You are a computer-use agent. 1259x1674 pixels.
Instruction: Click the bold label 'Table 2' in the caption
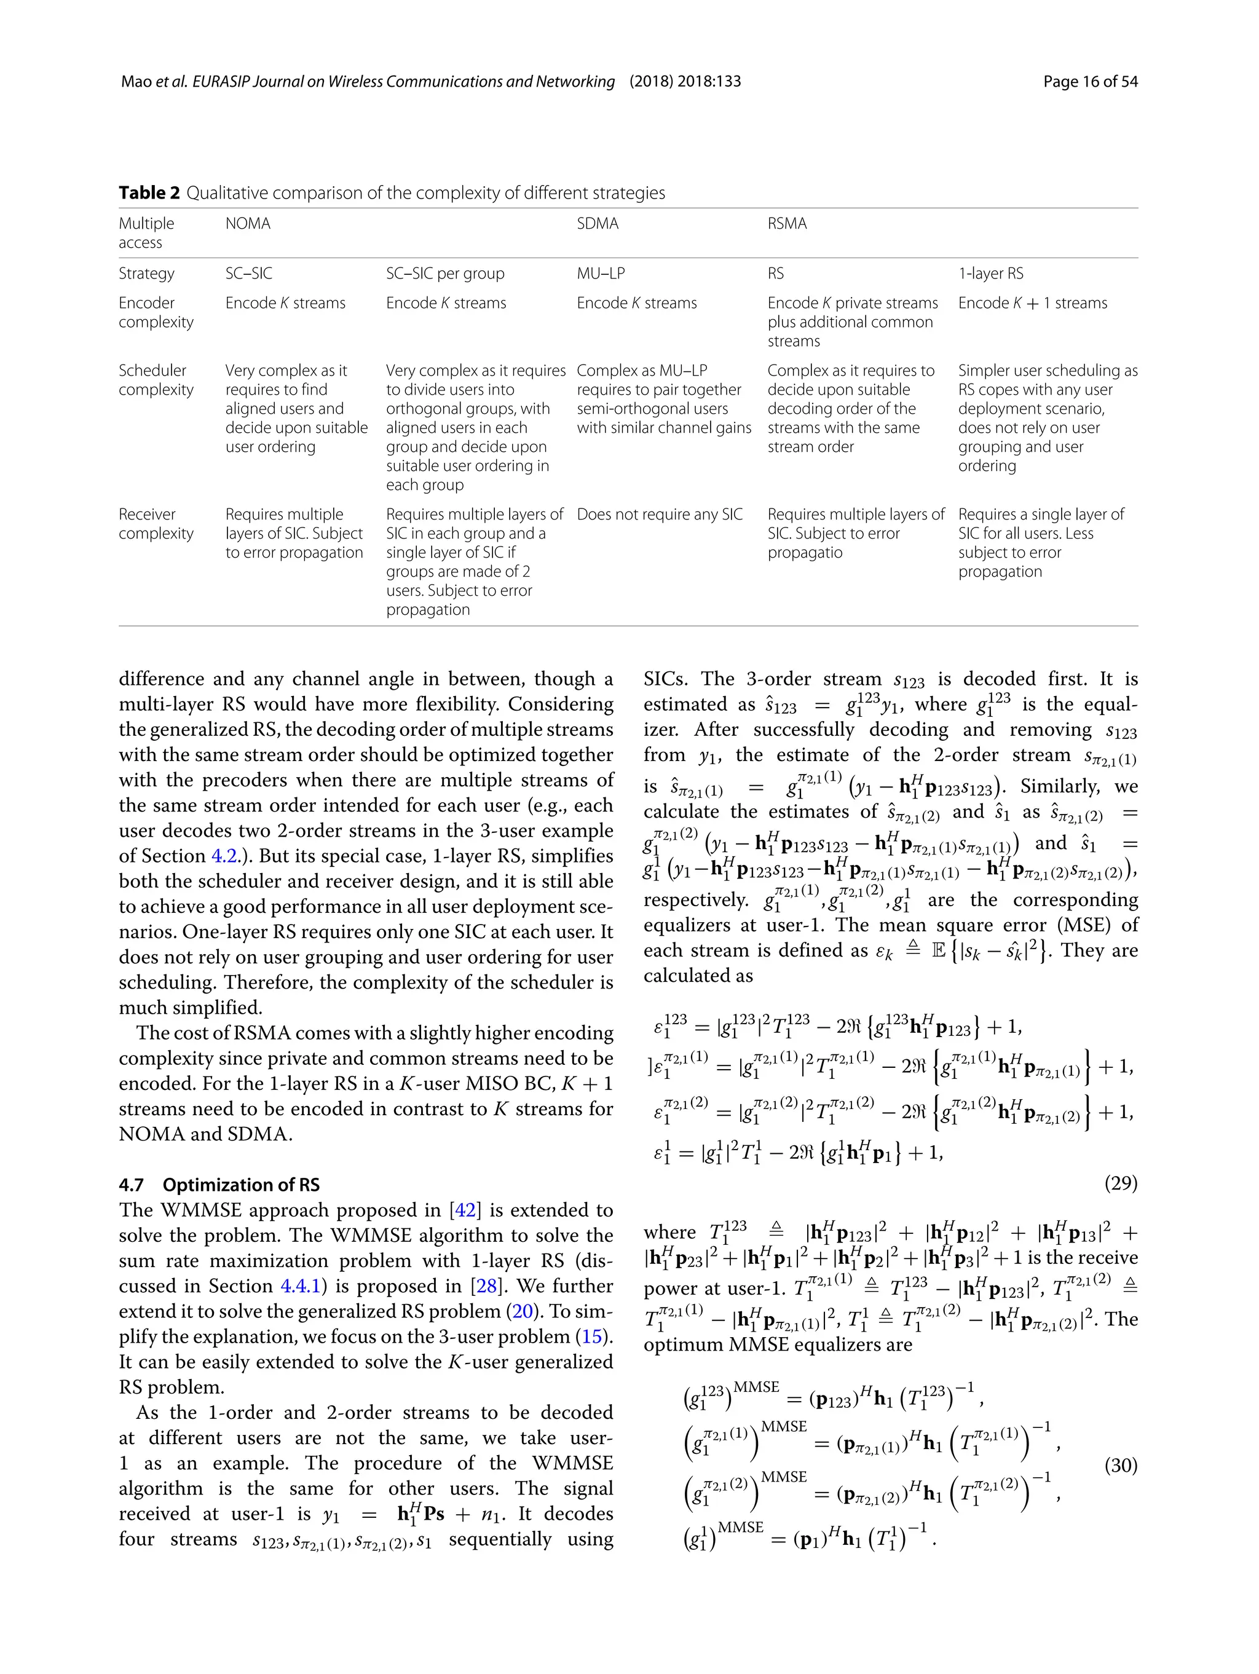[x=149, y=193]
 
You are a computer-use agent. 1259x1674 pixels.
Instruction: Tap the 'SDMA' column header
[x=597, y=224]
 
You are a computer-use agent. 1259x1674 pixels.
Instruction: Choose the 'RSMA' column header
[x=787, y=224]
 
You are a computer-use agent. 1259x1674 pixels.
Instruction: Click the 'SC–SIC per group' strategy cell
[x=445, y=274]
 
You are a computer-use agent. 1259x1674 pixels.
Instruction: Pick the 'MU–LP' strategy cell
[x=600, y=274]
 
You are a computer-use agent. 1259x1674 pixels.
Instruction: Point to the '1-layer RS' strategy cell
[x=990, y=274]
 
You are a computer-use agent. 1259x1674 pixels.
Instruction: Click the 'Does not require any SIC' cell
[x=659, y=515]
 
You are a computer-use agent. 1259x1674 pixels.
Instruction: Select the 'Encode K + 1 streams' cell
[x=1032, y=304]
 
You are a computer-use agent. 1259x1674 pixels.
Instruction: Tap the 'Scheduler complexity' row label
[x=156, y=380]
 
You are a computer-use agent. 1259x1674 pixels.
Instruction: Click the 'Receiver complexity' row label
[x=156, y=524]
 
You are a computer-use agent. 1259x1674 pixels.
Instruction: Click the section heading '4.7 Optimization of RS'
[x=219, y=1185]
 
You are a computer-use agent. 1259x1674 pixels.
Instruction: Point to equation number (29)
[x=1121, y=1183]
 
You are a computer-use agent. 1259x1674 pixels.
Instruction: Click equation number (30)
[x=1121, y=1465]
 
